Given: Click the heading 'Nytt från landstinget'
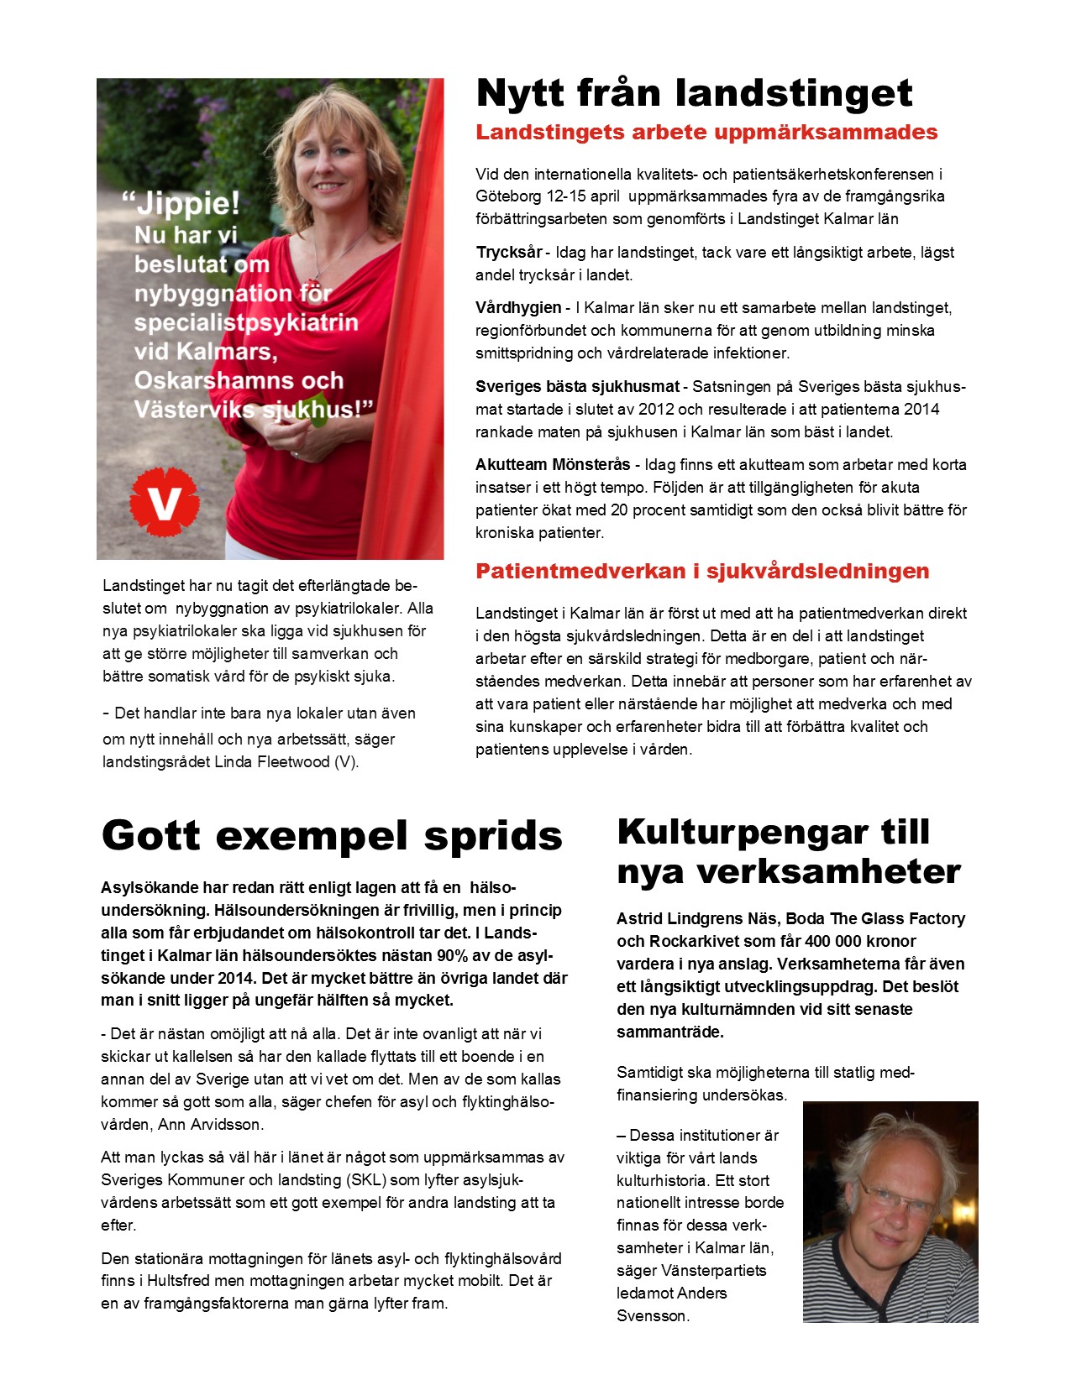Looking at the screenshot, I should coord(694,92).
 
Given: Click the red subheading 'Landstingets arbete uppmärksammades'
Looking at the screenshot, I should coord(706,133).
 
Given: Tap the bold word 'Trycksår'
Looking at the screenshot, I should coord(509,253).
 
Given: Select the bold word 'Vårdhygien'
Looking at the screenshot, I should coord(518,308).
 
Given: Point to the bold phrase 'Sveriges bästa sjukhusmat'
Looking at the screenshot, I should coord(577,387).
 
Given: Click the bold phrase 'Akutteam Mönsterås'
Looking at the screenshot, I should coord(553,465).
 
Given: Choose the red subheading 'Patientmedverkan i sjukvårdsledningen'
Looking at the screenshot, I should coord(702,572).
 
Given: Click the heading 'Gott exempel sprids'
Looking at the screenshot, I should coord(332,836).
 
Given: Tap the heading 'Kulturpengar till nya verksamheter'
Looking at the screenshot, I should coord(788,851).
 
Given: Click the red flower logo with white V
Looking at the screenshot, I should coord(165,501).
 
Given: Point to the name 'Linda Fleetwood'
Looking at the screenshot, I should coord(272,763).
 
